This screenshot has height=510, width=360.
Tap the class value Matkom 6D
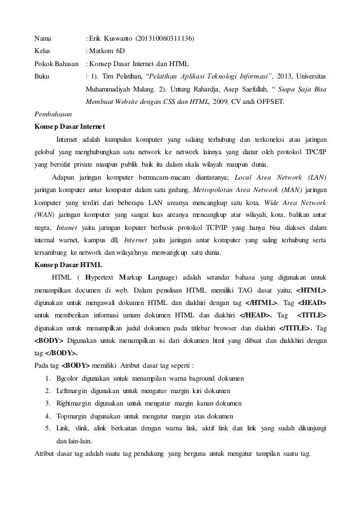(107, 51)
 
